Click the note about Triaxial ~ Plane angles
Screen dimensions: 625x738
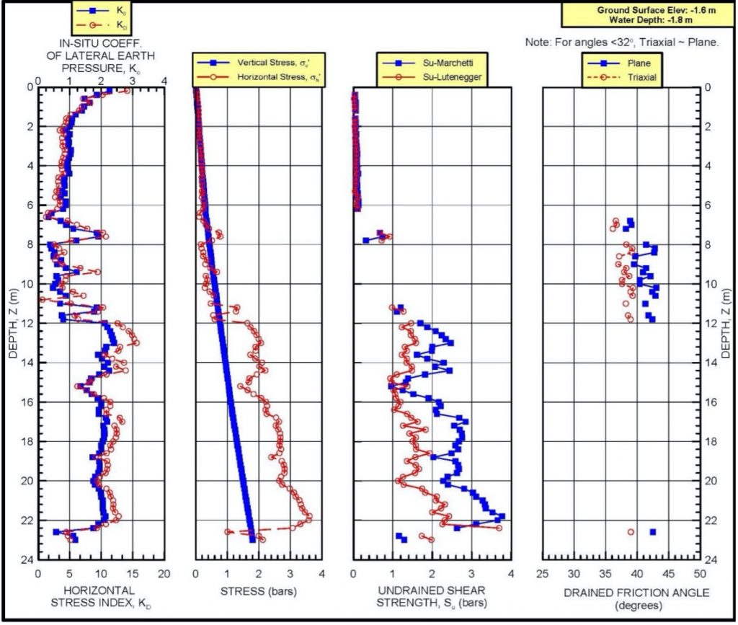621,43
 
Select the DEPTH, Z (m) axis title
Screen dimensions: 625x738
12,324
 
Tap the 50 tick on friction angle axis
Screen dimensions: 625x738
699,575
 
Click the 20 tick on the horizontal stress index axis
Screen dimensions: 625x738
164,575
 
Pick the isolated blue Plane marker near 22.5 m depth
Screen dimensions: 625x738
653,532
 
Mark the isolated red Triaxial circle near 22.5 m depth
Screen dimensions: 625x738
631,532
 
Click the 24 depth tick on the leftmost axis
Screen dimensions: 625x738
29,559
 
